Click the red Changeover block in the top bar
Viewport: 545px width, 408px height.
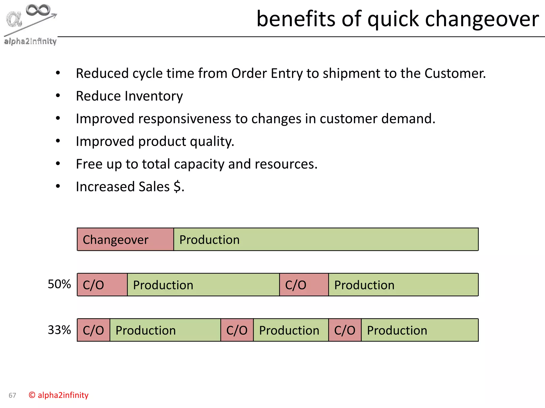pyautogui.click(x=125, y=239)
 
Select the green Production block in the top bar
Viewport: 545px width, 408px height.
pyautogui.click(x=326, y=239)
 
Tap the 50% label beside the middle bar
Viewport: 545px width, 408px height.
pyautogui.click(x=59, y=284)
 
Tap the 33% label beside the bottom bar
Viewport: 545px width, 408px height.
pyautogui.click(x=59, y=330)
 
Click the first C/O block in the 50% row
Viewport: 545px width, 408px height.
pyautogui.click(x=102, y=285)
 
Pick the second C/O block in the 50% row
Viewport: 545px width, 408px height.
pyautogui.click(x=304, y=285)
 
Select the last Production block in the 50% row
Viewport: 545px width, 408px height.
pyautogui.click(x=403, y=285)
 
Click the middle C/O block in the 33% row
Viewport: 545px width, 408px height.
pyautogui.click(x=237, y=330)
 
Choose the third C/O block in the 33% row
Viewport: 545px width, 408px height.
pyautogui.click(x=345, y=330)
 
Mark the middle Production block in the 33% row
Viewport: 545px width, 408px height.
pyautogui.click(x=291, y=330)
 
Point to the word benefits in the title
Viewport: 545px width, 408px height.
pyautogui.click(x=296, y=19)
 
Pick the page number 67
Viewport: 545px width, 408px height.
pyautogui.click(x=12, y=396)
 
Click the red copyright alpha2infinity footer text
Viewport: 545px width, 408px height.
pyautogui.click(x=59, y=395)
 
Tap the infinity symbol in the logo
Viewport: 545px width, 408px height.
pyautogui.click(x=38, y=10)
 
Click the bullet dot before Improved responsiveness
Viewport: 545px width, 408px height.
pyautogui.click(x=58, y=118)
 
